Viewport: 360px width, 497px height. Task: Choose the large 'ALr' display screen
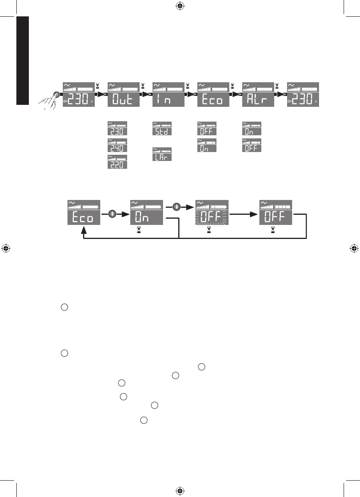point(258,95)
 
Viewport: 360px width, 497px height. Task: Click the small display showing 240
point(117,145)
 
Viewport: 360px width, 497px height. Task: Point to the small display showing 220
point(117,162)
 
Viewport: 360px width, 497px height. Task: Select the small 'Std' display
point(162,129)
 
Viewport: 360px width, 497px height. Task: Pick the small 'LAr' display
point(162,154)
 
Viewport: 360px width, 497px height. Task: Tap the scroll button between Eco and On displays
point(113,213)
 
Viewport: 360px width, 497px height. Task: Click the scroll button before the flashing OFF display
point(177,207)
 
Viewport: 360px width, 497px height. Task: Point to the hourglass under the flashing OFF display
point(209,231)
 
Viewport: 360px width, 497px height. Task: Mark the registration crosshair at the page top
point(180,6)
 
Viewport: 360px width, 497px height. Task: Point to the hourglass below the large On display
point(138,231)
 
